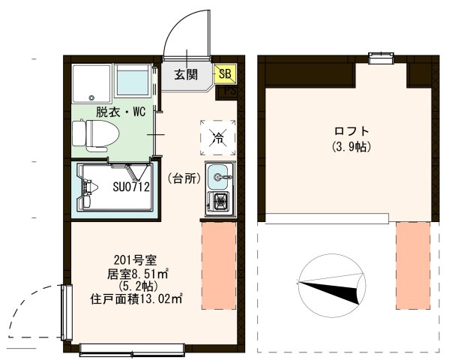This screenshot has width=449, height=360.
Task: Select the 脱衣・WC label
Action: pyautogui.click(x=120, y=112)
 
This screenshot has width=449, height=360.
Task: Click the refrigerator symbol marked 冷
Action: pyautogui.click(x=218, y=136)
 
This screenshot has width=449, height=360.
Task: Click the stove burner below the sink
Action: pyautogui.click(x=220, y=200)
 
